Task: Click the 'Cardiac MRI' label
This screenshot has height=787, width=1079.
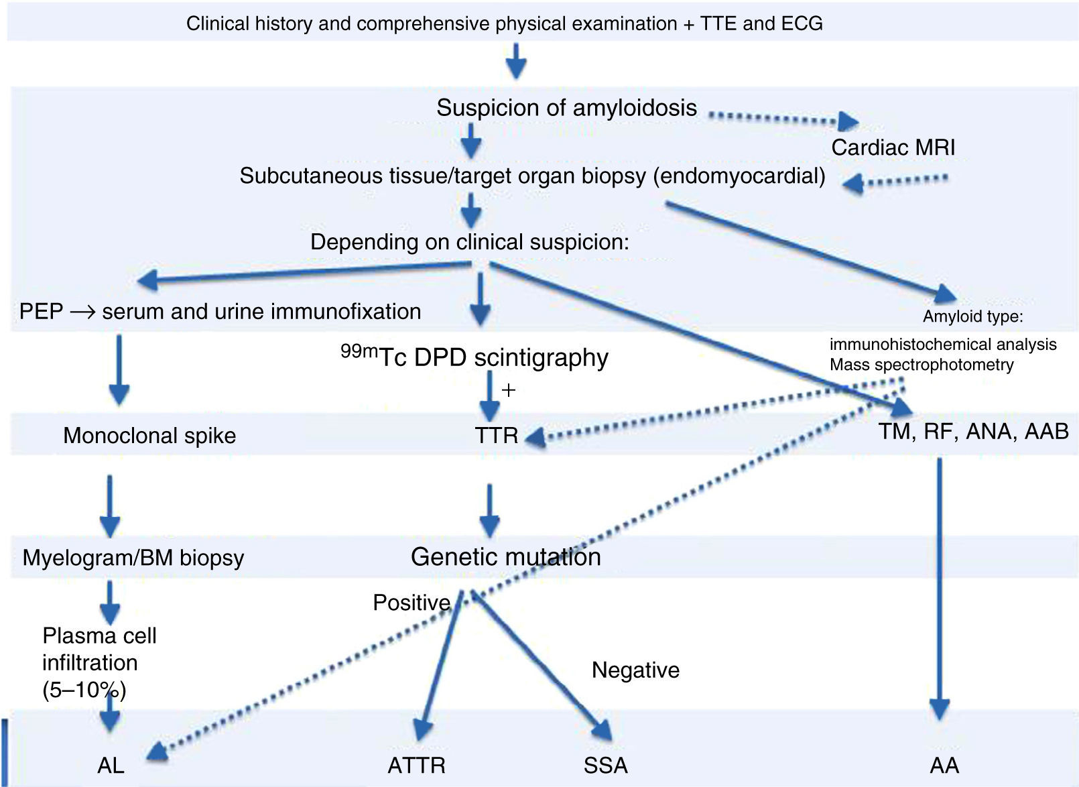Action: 893,147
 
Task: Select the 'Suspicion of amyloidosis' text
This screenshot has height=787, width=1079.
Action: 566,108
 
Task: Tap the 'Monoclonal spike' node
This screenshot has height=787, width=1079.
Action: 149,436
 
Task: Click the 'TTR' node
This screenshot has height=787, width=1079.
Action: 496,436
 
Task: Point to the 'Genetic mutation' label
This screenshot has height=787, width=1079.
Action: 505,557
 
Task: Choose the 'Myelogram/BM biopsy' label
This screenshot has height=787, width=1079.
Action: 133,558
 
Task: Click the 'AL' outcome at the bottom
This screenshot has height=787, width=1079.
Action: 111,765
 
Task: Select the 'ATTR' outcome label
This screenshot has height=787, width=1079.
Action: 416,765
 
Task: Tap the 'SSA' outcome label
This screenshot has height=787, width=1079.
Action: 605,765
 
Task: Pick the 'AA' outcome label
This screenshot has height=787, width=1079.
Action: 944,765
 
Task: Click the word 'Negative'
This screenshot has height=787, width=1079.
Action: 635,670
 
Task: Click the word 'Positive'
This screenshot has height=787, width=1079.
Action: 411,603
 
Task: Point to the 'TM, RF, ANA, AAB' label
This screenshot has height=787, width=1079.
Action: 973,431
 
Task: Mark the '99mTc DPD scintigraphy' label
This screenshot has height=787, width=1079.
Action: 474,357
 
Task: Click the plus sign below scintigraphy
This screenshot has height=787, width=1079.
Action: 509,390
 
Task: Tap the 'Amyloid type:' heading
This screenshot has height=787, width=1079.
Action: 972,316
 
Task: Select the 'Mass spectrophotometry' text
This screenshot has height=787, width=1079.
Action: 921,365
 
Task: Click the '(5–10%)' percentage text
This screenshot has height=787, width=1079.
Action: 84,690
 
